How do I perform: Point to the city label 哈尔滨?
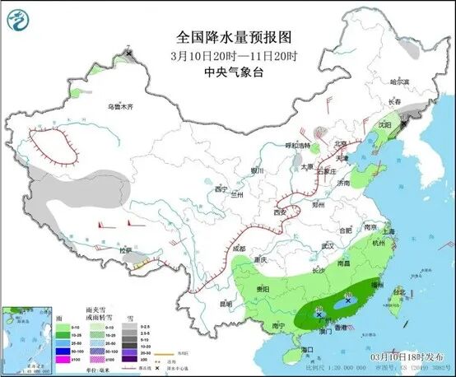point(398,82)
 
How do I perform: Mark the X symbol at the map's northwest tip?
point(129,54)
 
